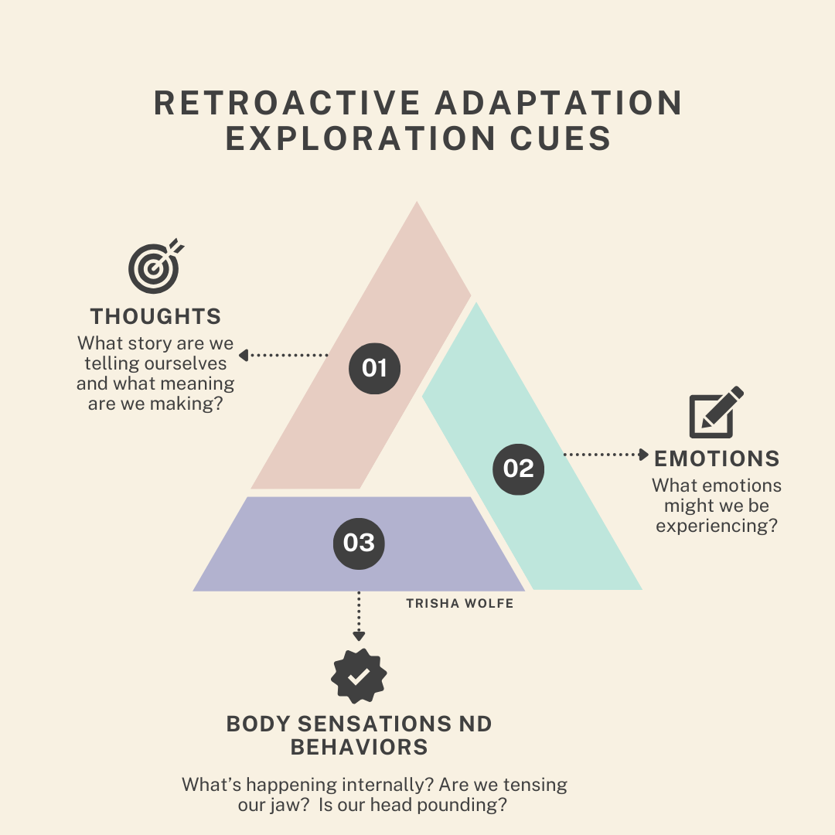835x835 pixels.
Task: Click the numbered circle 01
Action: coord(374,367)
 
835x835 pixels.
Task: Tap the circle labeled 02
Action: coord(518,469)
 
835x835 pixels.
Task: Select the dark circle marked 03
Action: coord(359,543)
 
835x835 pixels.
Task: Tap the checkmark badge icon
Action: coord(359,677)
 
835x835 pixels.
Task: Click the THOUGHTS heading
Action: coord(155,316)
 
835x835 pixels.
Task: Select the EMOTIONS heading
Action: coord(717,458)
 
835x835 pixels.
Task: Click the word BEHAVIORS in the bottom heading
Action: coord(359,748)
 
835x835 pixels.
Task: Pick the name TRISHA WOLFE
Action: coord(459,603)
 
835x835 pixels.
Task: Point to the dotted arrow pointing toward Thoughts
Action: coord(283,356)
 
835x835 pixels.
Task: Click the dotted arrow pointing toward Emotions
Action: coord(606,455)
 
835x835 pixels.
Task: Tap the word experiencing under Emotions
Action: coord(710,526)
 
